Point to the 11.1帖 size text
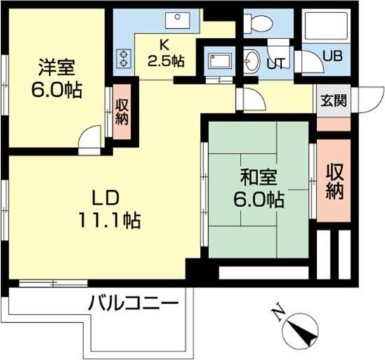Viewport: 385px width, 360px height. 109,220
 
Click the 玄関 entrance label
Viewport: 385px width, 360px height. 333,100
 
